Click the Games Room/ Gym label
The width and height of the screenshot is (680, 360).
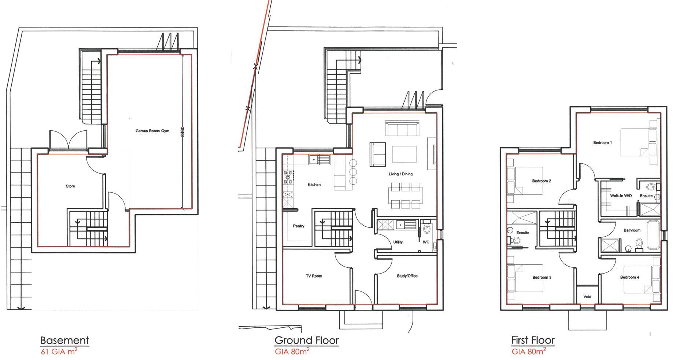(x=152, y=131)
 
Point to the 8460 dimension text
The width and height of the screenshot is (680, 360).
(x=182, y=132)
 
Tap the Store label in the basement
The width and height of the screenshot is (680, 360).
(x=70, y=186)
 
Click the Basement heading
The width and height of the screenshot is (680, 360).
(x=64, y=340)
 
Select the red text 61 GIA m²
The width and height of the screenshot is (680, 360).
(x=59, y=352)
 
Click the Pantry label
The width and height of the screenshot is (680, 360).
(x=299, y=226)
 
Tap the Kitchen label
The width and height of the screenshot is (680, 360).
(x=314, y=185)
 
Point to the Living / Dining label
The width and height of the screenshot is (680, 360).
(x=400, y=174)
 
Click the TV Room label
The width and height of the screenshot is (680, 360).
(x=314, y=276)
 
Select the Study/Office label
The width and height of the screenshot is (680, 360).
(x=407, y=276)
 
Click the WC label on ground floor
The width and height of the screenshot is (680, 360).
(x=426, y=242)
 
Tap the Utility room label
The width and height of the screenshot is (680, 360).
(x=398, y=242)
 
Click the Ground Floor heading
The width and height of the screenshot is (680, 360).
(x=306, y=340)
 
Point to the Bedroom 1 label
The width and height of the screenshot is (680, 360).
(x=602, y=142)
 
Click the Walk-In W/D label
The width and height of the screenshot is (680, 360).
(x=621, y=196)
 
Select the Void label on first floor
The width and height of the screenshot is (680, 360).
(x=587, y=297)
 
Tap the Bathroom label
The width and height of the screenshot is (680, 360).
(x=632, y=230)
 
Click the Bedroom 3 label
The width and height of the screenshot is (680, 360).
(x=542, y=277)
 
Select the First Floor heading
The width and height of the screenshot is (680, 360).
(x=533, y=340)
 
